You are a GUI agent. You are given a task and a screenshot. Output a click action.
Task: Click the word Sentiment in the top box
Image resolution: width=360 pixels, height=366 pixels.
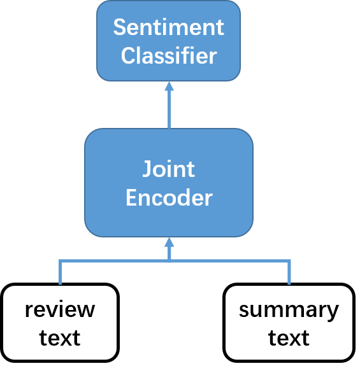point(169,27)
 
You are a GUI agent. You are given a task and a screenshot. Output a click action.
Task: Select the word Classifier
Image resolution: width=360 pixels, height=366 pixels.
point(169,55)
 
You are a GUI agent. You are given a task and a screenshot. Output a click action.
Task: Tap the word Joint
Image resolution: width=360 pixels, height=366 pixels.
point(168,170)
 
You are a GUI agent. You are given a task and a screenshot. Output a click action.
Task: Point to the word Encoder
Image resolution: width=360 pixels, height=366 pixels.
point(169,198)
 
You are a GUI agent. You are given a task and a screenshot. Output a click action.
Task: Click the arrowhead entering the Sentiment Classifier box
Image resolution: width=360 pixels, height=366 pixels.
point(169,86)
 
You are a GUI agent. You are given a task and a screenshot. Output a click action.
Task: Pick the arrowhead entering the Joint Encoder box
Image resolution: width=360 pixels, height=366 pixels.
point(169,242)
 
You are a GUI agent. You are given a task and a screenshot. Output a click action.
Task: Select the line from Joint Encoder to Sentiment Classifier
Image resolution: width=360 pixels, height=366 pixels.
point(169,108)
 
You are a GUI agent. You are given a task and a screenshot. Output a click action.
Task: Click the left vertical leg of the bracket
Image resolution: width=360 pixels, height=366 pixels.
point(61,272)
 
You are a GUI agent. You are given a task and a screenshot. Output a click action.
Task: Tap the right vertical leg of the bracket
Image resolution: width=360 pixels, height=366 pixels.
point(289,272)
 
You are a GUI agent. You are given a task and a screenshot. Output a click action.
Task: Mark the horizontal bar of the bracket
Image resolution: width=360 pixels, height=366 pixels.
point(115,260)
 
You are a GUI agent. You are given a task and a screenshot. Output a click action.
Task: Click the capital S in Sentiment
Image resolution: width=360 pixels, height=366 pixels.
point(119,27)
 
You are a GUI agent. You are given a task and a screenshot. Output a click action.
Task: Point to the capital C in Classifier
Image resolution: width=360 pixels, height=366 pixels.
point(127,56)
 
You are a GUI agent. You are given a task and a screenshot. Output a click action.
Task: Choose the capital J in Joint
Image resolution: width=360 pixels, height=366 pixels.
point(147,170)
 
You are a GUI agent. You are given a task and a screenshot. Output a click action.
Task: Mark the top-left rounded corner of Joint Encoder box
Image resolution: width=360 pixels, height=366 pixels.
point(90,134)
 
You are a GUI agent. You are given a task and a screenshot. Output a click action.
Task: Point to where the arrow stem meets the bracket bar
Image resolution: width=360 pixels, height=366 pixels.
point(169,260)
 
